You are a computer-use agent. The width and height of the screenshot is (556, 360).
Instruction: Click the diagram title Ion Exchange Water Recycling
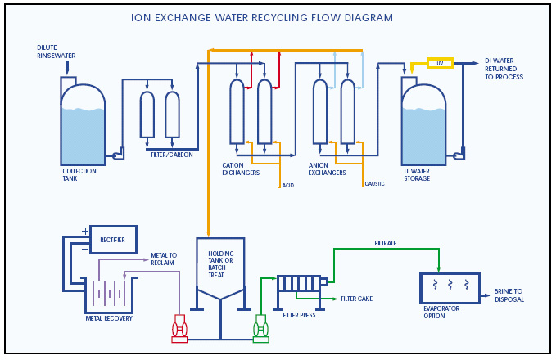click(x=261, y=18)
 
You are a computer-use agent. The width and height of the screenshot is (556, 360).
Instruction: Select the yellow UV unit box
click(x=440, y=63)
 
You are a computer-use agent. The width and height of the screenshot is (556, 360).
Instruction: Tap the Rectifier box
click(x=113, y=240)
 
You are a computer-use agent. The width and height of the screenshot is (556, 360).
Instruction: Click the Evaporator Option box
click(x=450, y=288)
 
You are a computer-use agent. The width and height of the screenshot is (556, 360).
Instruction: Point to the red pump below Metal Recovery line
click(x=179, y=328)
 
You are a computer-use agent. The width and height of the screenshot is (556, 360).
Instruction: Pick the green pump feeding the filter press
click(x=260, y=328)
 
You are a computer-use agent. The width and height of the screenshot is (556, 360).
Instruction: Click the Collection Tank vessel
click(x=83, y=127)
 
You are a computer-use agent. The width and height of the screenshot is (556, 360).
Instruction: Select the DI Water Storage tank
click(x=423, y=127)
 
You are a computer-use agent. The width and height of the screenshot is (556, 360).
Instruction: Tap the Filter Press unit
click(x=300, y=283)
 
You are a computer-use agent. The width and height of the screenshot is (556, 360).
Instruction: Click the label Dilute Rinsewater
click(x=56, y=52)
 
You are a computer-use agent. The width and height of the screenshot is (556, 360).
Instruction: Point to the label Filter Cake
click(x=357, y=299)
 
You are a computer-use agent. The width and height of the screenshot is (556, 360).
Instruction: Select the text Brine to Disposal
click(x=509, y=295)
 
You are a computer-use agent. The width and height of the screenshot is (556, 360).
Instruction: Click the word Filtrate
click(x=386, y=243)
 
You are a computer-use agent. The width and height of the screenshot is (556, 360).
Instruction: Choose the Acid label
click(x=288, y=186)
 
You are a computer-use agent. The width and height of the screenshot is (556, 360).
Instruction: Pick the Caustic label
click(x=374, y=184)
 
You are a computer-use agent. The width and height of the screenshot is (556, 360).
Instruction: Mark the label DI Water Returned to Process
click(x=504, y=69)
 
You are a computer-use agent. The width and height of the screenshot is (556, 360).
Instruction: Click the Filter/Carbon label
click(x=171, y=155)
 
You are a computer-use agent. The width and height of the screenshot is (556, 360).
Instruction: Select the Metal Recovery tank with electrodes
click(x=108, y=294)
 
